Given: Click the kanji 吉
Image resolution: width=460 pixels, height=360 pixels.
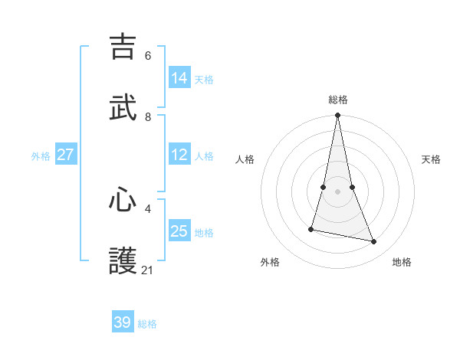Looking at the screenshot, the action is click(x=123, y=47).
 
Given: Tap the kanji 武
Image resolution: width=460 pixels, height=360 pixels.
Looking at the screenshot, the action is click(x=123, y=108).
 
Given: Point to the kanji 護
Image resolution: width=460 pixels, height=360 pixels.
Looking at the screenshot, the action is click(x=123, y=261).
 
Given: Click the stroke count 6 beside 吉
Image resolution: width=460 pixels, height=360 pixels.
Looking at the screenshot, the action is click(x=148, y=56).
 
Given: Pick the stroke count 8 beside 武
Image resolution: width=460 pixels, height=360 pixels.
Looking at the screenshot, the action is click(x=148, y=117).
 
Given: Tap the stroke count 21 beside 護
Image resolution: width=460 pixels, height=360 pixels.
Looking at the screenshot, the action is click(x=148, y=270).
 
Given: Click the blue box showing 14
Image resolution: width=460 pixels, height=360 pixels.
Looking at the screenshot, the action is click(x=179, y=78).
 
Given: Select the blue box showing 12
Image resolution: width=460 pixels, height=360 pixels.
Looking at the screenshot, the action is click(x=179, y=155).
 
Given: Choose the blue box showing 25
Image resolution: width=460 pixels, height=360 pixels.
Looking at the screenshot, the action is click(x=179, y=231).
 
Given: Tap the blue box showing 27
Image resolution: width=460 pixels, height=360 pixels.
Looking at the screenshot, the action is click(x=65, y=155).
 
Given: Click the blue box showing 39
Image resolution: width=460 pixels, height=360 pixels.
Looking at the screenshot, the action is click(x=123, y=322).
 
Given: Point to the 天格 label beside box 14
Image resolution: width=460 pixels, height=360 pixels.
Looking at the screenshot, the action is click(x=204, y=79).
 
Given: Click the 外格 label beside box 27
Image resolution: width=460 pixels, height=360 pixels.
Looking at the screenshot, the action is click(x=41, y=155).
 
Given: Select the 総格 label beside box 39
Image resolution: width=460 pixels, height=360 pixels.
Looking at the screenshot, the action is click(x=147, y=323).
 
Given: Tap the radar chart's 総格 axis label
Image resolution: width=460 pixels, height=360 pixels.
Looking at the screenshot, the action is click(x=338, y=100).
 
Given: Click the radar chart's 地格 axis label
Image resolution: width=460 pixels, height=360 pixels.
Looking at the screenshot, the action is click(x=402, y=262).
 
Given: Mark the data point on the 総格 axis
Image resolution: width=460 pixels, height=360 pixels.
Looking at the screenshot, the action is click(x=338, y=116).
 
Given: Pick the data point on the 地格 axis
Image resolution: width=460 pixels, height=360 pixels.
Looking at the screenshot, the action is click(x=374, y=242).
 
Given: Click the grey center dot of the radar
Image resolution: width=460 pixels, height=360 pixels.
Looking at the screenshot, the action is click(x=338, y=191).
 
